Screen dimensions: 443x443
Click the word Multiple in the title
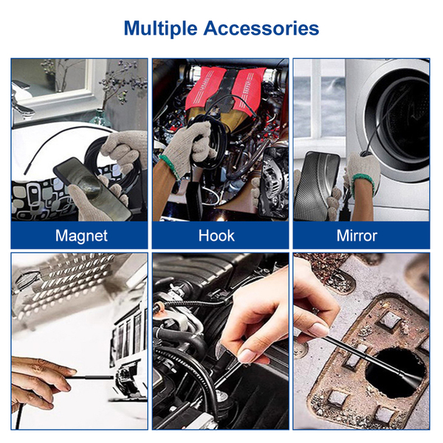click(160, 29)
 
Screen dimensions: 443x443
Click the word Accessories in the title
click(261, 28)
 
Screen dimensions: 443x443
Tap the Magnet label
click(81, 236)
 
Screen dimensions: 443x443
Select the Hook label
click(216, 236)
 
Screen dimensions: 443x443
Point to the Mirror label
click(357, 236)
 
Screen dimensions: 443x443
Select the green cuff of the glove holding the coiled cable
click(170, 167)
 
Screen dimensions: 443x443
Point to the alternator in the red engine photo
click(273, 181)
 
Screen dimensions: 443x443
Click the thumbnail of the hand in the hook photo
click(250, 355)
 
